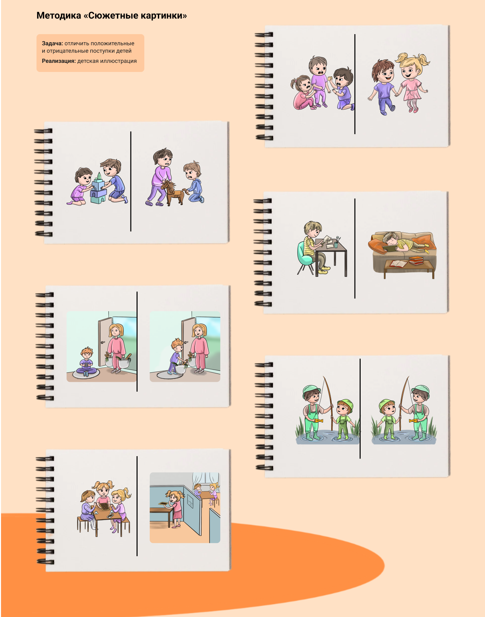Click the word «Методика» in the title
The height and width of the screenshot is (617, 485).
(x=59, y=16)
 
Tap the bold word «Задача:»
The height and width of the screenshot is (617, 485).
(x=52, y=43)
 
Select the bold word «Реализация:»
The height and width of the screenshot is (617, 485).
(x=59, y=61)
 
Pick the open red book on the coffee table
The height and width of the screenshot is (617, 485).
(x=399, y=264)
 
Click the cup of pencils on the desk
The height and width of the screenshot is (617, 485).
(x=337, y=243)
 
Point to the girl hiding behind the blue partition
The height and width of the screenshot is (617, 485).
(x=174, y=509)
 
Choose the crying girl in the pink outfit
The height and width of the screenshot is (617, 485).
(x=303, y=93)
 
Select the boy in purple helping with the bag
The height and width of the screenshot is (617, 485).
(x=176, y=356)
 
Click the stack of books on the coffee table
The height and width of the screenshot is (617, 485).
(x=416, y=261)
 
